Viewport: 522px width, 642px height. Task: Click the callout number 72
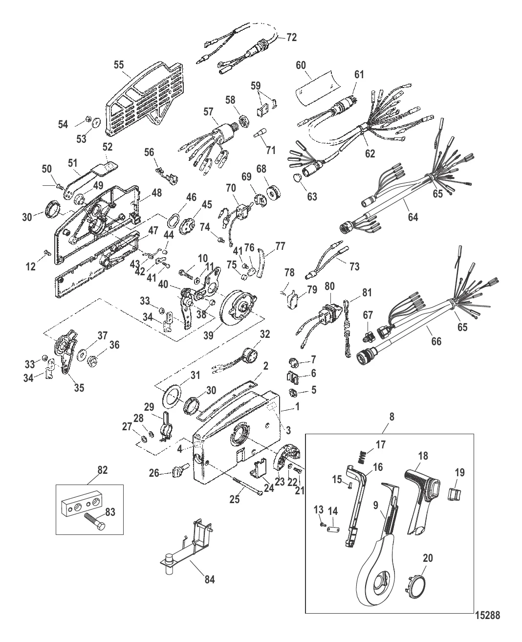[291, 37]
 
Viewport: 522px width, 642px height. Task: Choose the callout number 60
[301, 65]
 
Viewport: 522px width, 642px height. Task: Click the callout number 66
[435, 341]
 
